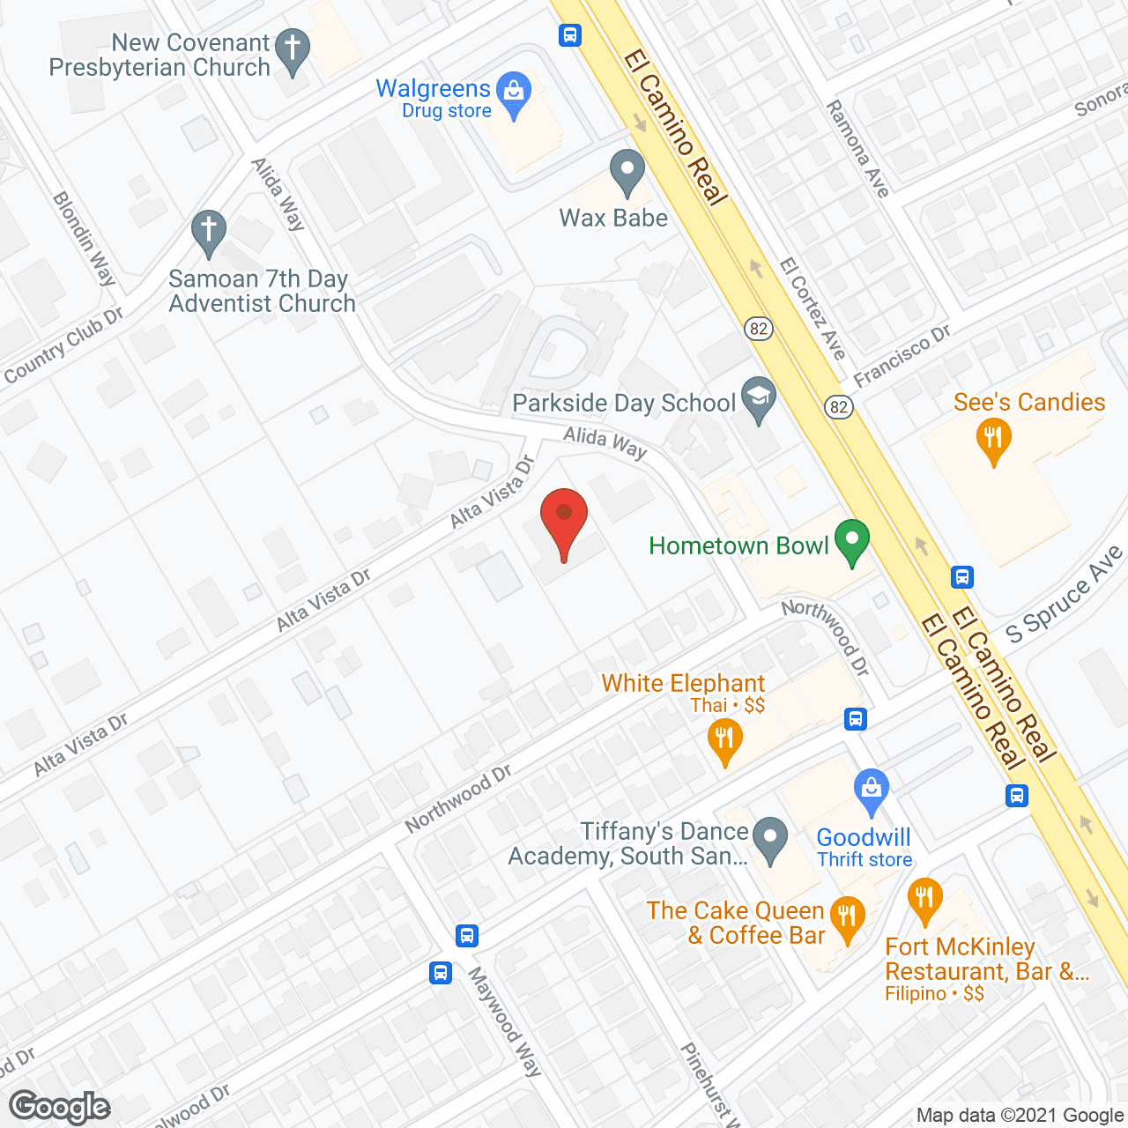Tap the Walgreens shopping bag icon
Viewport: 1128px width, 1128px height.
[514, 91]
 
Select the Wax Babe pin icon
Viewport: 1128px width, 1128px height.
[627, 169]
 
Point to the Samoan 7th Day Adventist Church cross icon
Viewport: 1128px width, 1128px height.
[209, 231]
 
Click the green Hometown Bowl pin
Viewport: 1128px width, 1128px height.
[851, 539]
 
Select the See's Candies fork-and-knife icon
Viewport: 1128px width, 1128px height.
[994, 439]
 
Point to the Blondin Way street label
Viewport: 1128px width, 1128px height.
[85, 238]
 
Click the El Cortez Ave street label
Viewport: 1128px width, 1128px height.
[813, 308]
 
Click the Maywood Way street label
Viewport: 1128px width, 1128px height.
[504, 1021]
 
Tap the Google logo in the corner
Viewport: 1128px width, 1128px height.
[60, 1107]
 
